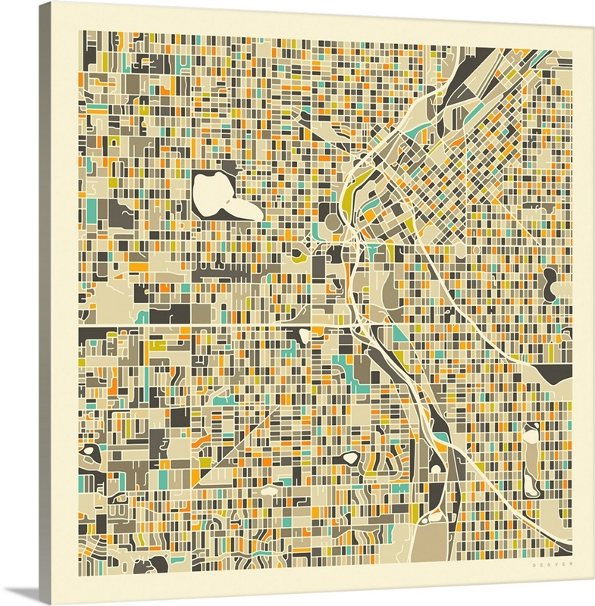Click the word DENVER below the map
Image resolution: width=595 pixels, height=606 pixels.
[x=553, y=564]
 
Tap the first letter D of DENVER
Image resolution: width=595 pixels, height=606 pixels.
[x=534, y=564]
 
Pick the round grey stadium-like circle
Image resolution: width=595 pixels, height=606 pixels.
[x=333, y=222]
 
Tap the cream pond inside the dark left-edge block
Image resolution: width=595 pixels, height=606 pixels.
[x=92, y=451]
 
